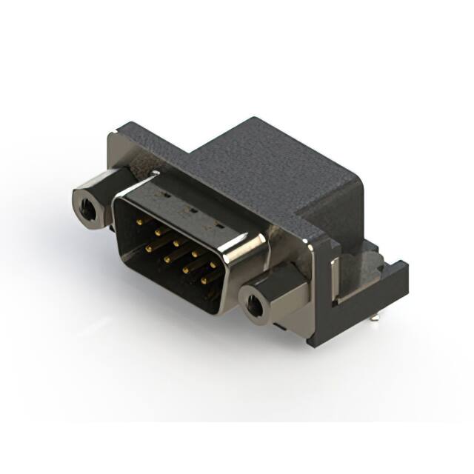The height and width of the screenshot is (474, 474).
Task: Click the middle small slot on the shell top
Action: click(x=190, y=210)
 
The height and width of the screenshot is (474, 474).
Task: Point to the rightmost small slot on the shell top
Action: click(x=219, y=222)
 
